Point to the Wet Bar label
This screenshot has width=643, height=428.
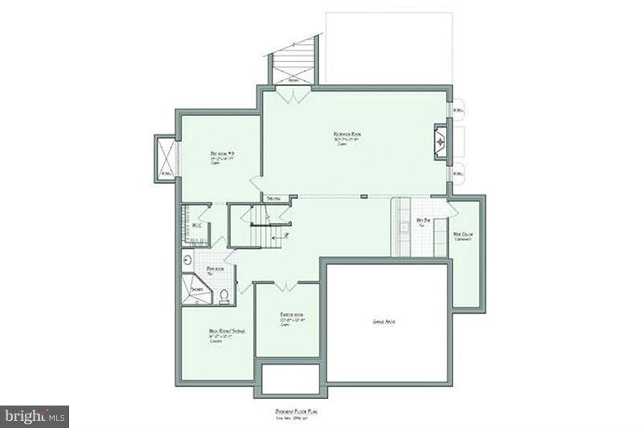[423, 220]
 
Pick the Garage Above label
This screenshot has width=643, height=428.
[384, 321]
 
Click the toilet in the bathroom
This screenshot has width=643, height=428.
[224, 299]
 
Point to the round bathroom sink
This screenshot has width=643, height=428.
[187, 259]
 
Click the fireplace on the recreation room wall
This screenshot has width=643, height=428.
[440, 142]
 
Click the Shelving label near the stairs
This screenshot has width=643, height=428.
[274, 198]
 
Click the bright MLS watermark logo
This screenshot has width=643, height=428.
[35, 416]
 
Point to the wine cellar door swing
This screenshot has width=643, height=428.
[453, 209]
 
